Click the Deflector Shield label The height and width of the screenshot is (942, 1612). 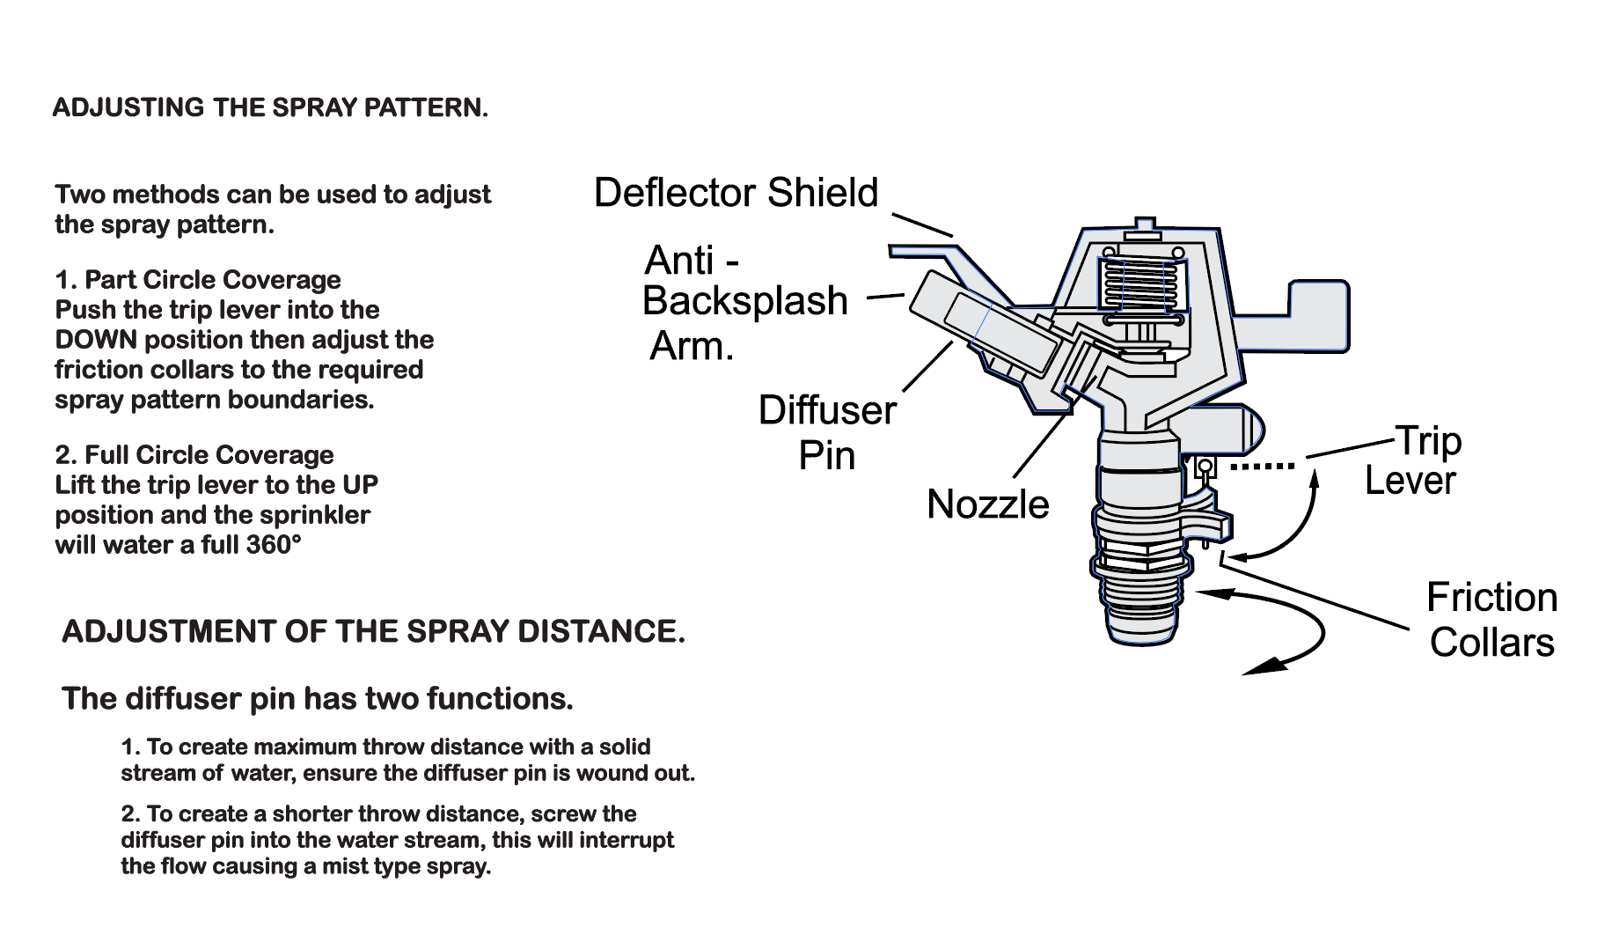point(736,193)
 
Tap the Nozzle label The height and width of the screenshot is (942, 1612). point(987,504)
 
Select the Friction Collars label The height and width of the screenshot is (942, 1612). point(1491,620)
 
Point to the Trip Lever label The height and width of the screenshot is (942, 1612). point(1412,460)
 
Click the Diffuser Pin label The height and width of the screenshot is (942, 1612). point(827,432)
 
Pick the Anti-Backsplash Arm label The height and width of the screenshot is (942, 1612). point(744,302)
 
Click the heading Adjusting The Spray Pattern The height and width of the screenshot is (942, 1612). point(269,108)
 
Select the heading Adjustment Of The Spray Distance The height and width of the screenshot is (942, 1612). point(372,631)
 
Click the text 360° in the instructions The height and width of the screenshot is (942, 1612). point(273,545)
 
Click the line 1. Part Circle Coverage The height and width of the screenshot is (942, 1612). point(198,280)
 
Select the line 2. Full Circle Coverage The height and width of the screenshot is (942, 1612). point(194,455)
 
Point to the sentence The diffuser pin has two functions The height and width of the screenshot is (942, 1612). point(318,699)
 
